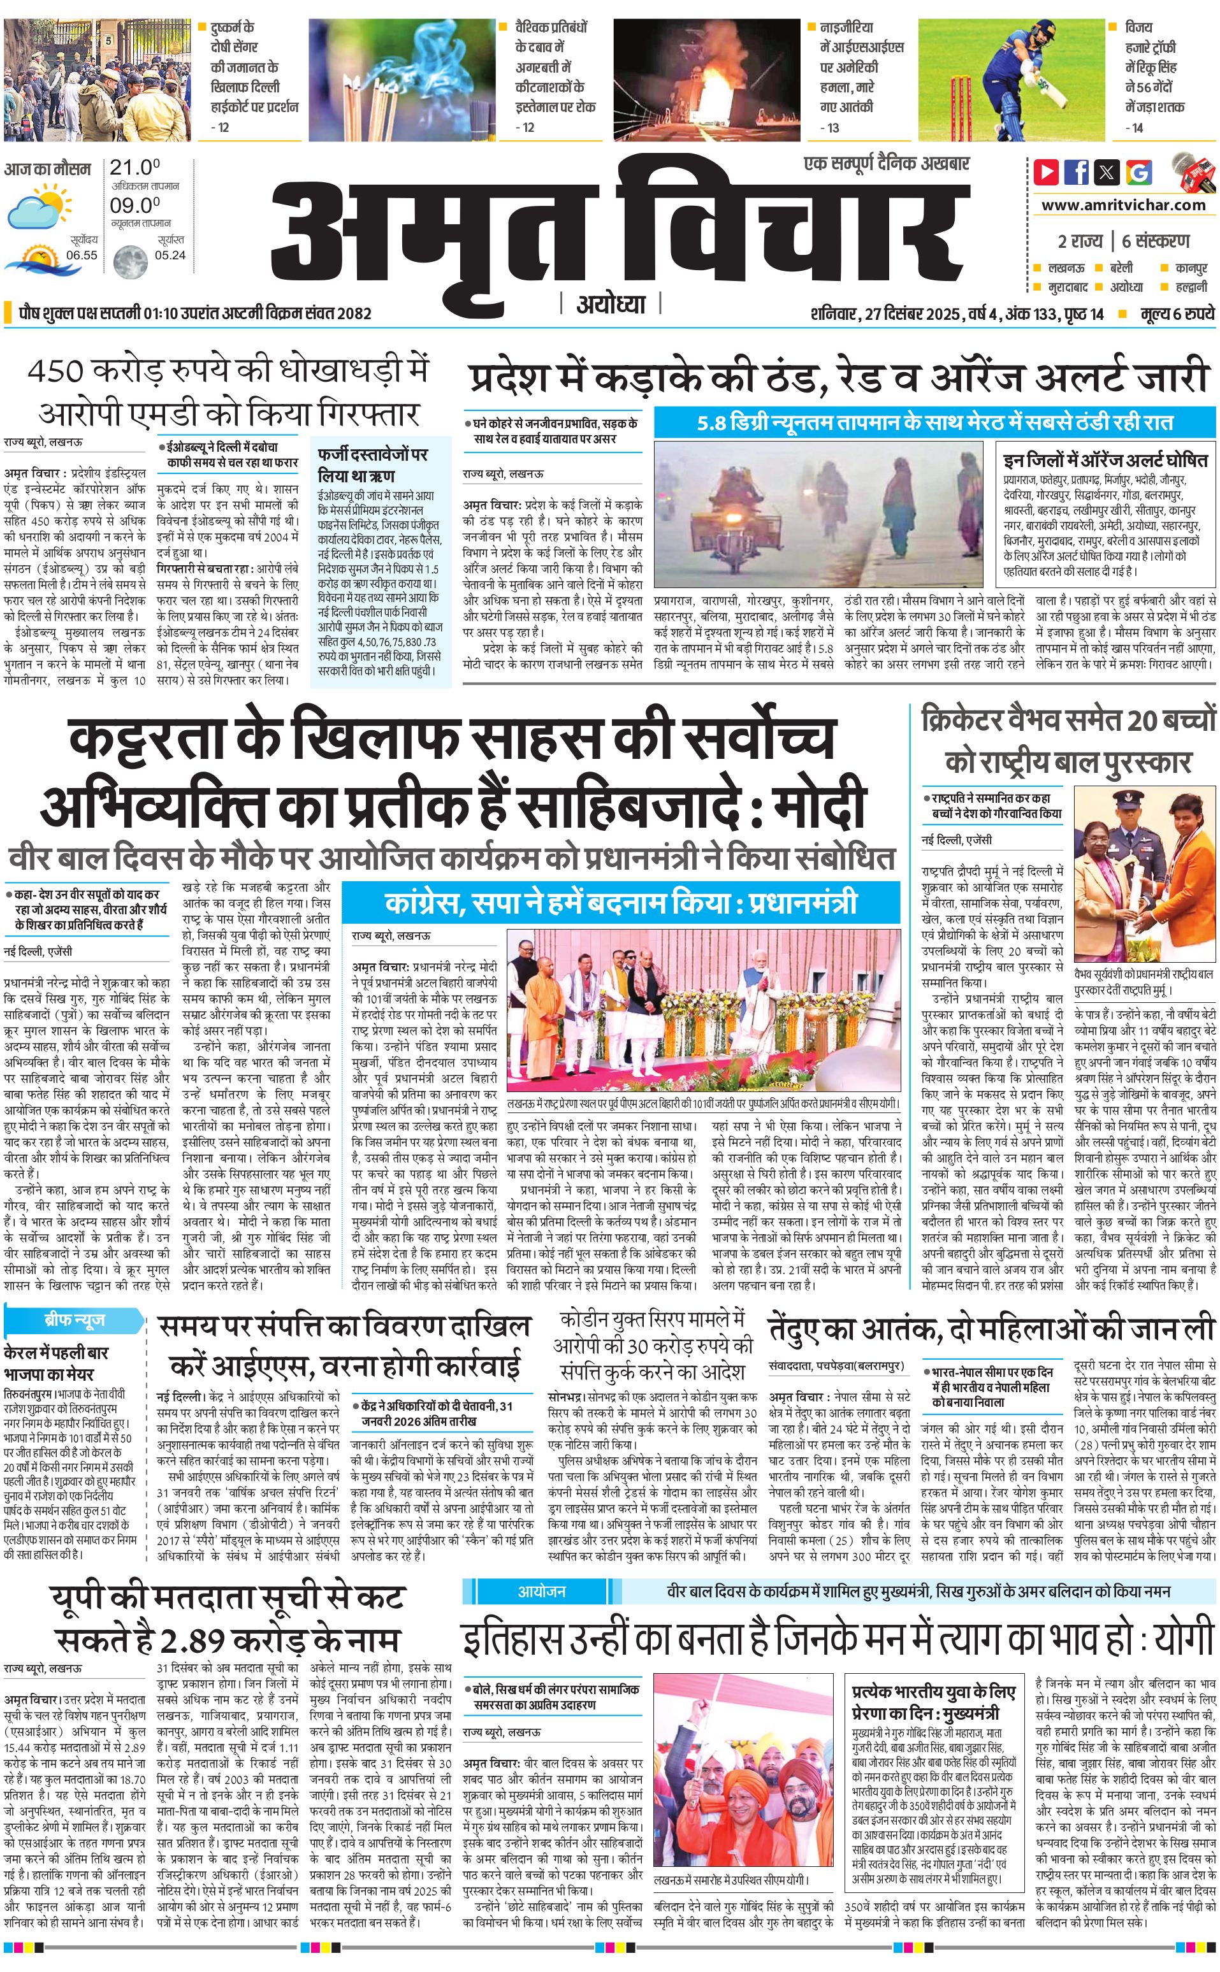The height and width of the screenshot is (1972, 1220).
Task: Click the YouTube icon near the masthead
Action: [x=1047, y=172]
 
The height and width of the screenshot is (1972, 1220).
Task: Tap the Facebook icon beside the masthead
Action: [x=1077, y=172]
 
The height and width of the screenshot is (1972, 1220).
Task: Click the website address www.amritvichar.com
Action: [x=1123, y=206]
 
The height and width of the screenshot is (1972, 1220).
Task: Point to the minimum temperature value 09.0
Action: [x=134, y=205]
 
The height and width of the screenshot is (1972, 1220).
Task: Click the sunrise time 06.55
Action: [x=82, y=255]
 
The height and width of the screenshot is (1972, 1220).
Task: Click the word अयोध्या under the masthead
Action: [x=611, y=305]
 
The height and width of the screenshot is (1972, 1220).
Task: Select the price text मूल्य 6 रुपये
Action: [x=1177, y=313]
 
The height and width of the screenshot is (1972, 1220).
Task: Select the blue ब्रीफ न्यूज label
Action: [x=73, y=1320]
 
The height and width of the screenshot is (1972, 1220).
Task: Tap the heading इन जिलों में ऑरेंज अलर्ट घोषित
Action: [x=1105, y=461]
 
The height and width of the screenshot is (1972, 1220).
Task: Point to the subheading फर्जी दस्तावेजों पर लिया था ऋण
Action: [x=372, y=464]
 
